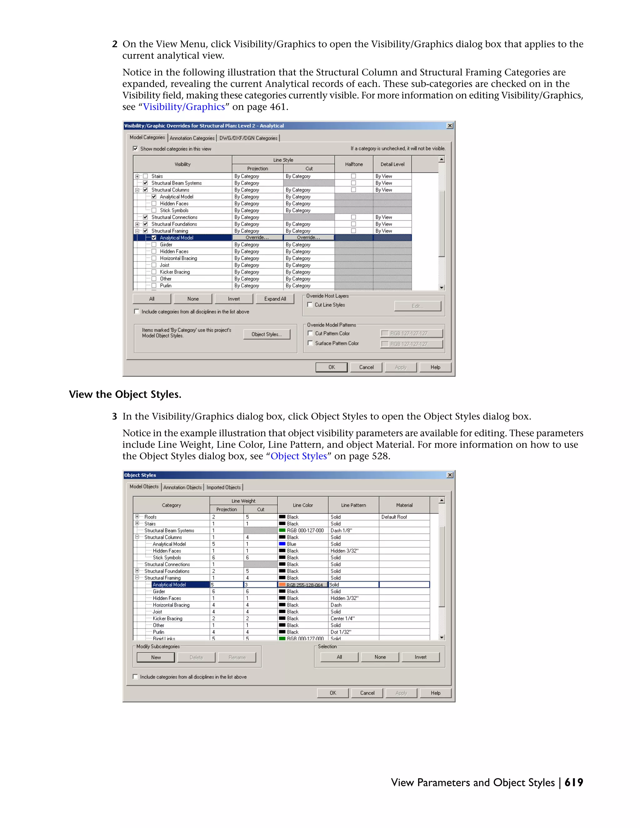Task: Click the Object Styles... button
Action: tap(267, 334)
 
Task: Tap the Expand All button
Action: tap(275, 299)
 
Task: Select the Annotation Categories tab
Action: tap(192, 138)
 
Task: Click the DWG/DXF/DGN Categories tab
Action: tap(248, 138)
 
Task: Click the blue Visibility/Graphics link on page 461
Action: tap(184, 107)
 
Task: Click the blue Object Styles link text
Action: tap(298, 456)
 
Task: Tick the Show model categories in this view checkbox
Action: tap(135, 149)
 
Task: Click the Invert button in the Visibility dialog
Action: tap(233, 299)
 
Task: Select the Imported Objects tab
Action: tap(223, 487)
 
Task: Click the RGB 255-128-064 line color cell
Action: tap(303, 585)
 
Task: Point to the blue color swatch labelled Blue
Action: tap(282, 544)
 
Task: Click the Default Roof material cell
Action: tap(404, 517)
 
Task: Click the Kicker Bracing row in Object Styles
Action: tap(167, 618)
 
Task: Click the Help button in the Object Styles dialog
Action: tap(435, 693)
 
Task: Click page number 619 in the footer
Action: tap(574, 782)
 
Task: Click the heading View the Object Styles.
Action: tap(125, 394)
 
